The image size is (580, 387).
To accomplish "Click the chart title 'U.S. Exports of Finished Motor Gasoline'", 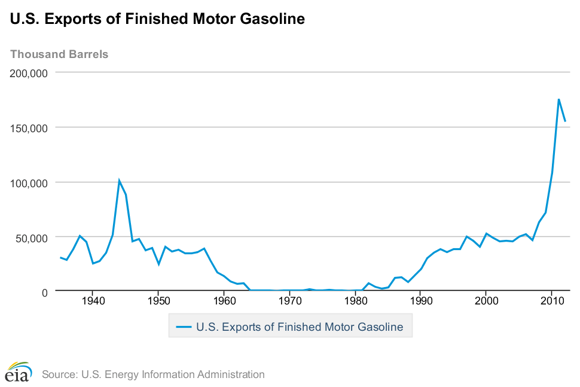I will tap(158, 19).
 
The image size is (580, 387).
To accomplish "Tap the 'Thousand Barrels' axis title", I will tap(59, 54).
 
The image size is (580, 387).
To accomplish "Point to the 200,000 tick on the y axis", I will tap(30, 73).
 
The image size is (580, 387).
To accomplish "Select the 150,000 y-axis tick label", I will tap(30, 128).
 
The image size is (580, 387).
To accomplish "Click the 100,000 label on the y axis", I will tap(30, 182).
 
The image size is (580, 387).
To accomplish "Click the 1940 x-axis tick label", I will tap(93, 301).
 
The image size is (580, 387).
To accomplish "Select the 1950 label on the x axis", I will tap(158, 301).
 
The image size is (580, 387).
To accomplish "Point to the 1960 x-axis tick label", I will tap(224, 301).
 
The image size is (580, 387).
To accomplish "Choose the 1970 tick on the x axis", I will tap(289, 301).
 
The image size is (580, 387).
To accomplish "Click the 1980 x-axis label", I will tap(355, 301).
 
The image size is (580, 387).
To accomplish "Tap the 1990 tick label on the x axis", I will tap(420, 301).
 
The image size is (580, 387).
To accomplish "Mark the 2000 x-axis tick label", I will tap(486, 301).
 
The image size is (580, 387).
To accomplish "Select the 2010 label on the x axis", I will tap(552, 301).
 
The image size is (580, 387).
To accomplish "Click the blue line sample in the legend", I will tap(184, 327).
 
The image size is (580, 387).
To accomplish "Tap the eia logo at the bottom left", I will tap(19, 371).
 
